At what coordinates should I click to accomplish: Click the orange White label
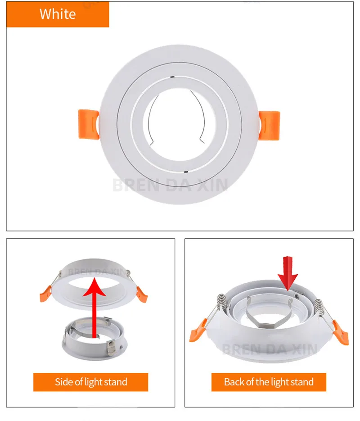58,14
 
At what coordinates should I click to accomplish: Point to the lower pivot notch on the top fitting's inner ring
185,172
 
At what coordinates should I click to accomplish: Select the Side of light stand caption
91,382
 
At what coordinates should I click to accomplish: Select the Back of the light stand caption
269,382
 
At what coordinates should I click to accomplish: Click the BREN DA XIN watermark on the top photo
170,185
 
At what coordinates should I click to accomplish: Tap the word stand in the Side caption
116,382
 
